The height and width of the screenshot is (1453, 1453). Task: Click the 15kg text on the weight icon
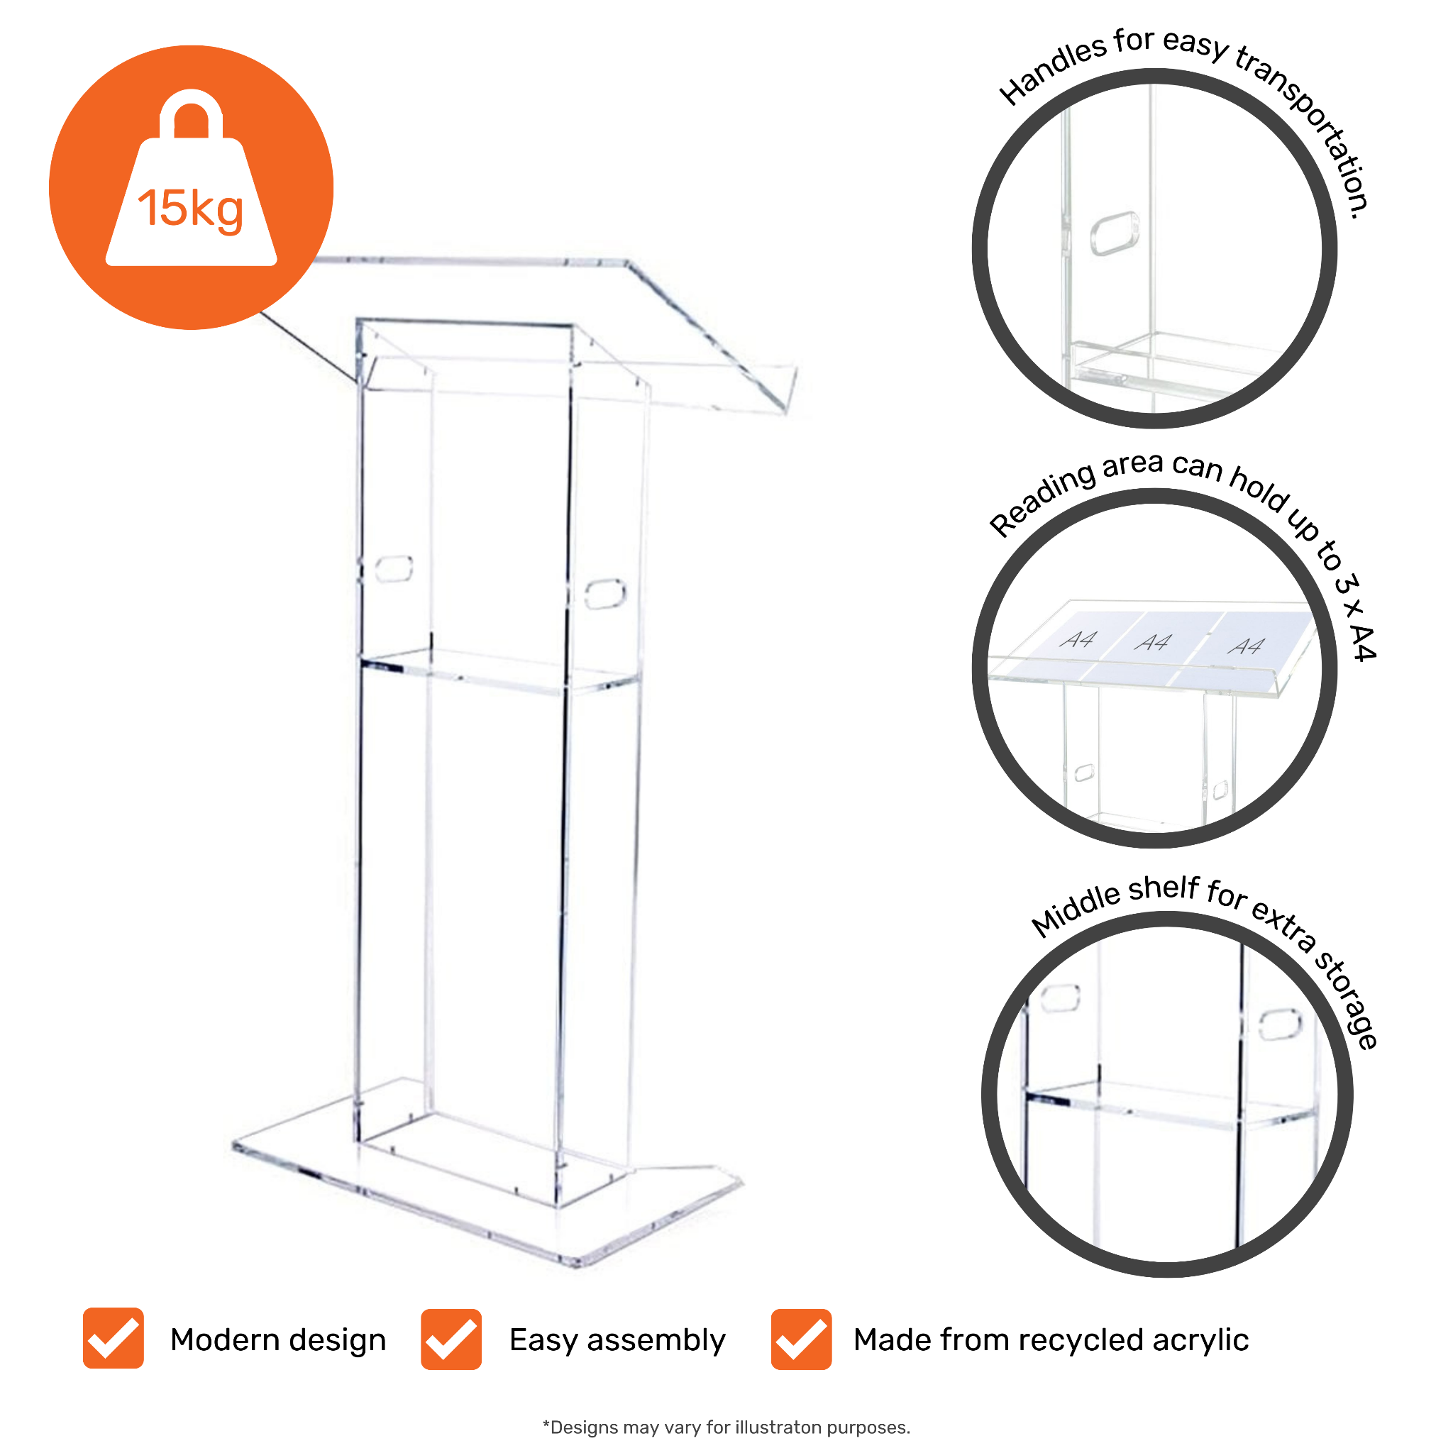(x=190, y=209)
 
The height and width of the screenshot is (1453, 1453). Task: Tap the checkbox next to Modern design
(x=114, y=1338)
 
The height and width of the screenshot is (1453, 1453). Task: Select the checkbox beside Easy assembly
(x=451, y=1339)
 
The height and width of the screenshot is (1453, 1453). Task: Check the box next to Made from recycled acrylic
(x=801, y=1339)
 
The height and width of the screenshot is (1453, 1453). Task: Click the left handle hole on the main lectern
(x=394, y=568)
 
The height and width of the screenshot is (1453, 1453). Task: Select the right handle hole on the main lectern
(x=604, y=593)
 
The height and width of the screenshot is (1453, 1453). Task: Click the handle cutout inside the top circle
(x=1115, y=233)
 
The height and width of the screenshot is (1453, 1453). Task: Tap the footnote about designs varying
(x=726, y=1427)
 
